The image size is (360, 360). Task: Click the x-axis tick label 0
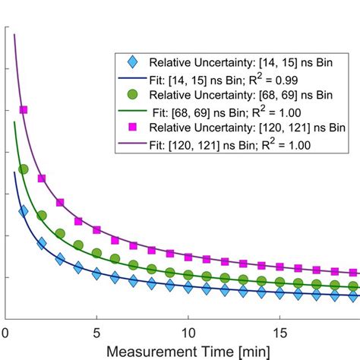[5, 332]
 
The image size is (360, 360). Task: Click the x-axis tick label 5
[96, 332]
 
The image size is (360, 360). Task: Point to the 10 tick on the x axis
[188, 332]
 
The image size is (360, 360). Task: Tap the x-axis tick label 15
[279, 332]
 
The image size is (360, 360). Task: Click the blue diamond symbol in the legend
[132, 61]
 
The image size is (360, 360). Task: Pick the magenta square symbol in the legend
[132, 125]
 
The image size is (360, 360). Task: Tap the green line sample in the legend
[132, 110]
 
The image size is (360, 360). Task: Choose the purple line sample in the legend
[132, 142]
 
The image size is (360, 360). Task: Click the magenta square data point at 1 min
[24, 110]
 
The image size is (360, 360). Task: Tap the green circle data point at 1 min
[24, 169]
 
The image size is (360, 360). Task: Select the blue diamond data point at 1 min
[24, 211]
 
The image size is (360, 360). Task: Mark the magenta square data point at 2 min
[42, 179]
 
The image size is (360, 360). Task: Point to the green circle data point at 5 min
[96, 252]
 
